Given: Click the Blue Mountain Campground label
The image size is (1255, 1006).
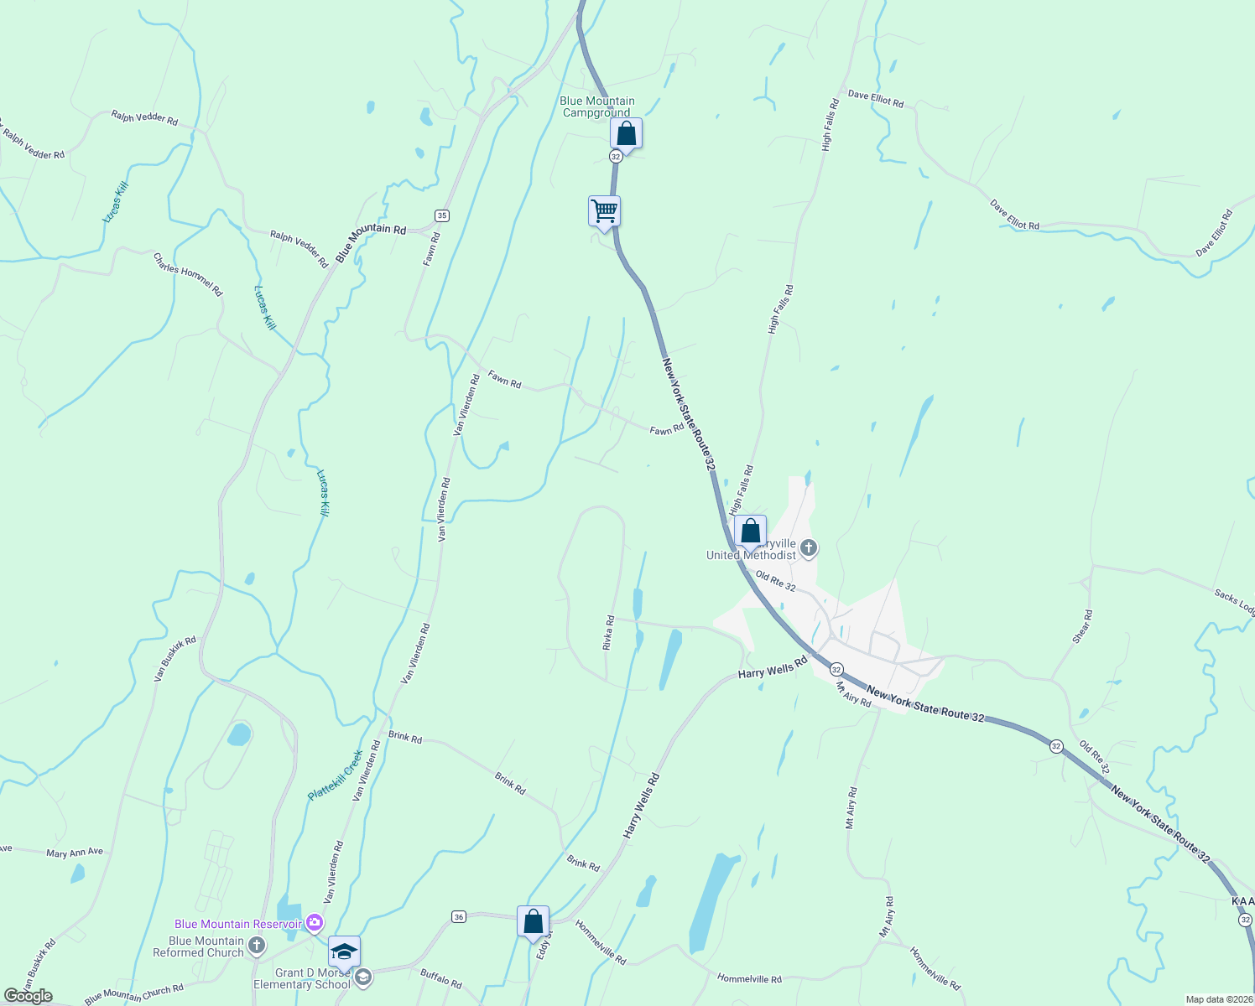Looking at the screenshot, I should (597, 106).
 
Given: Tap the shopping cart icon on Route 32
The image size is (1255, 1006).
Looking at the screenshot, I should (604, 210).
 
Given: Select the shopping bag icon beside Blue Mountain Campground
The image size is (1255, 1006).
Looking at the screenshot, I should (626, 133).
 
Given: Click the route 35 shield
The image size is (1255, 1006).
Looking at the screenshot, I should (442, 215).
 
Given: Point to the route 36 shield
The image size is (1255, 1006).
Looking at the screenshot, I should (458, 916).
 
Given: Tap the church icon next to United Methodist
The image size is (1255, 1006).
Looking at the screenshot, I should (809, 548).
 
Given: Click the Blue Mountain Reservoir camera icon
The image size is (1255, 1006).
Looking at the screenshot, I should (315, 923).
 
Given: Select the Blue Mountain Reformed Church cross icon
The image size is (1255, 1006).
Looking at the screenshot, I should (258, 946).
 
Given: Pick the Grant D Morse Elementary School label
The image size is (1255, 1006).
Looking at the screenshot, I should (302, 978).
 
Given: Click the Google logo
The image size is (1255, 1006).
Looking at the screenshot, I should (28, 996).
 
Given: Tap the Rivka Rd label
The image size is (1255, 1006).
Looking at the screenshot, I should (609, 632).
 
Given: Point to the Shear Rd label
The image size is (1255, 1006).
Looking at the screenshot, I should (1082, 626).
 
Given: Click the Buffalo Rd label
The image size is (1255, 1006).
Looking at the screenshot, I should (440, 978).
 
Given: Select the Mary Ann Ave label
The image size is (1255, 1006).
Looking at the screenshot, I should (75, 853).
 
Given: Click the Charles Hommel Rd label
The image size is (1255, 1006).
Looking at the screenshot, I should (188, 274).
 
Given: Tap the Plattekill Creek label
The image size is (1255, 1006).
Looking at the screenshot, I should (336, 775).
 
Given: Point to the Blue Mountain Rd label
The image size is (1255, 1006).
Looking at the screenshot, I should (371, 241).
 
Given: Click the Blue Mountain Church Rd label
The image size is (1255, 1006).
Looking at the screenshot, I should (133, 994).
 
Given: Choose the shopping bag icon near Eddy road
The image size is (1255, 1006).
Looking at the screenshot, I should (533, 921).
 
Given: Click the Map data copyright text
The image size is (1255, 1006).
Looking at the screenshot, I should (1217, 999).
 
